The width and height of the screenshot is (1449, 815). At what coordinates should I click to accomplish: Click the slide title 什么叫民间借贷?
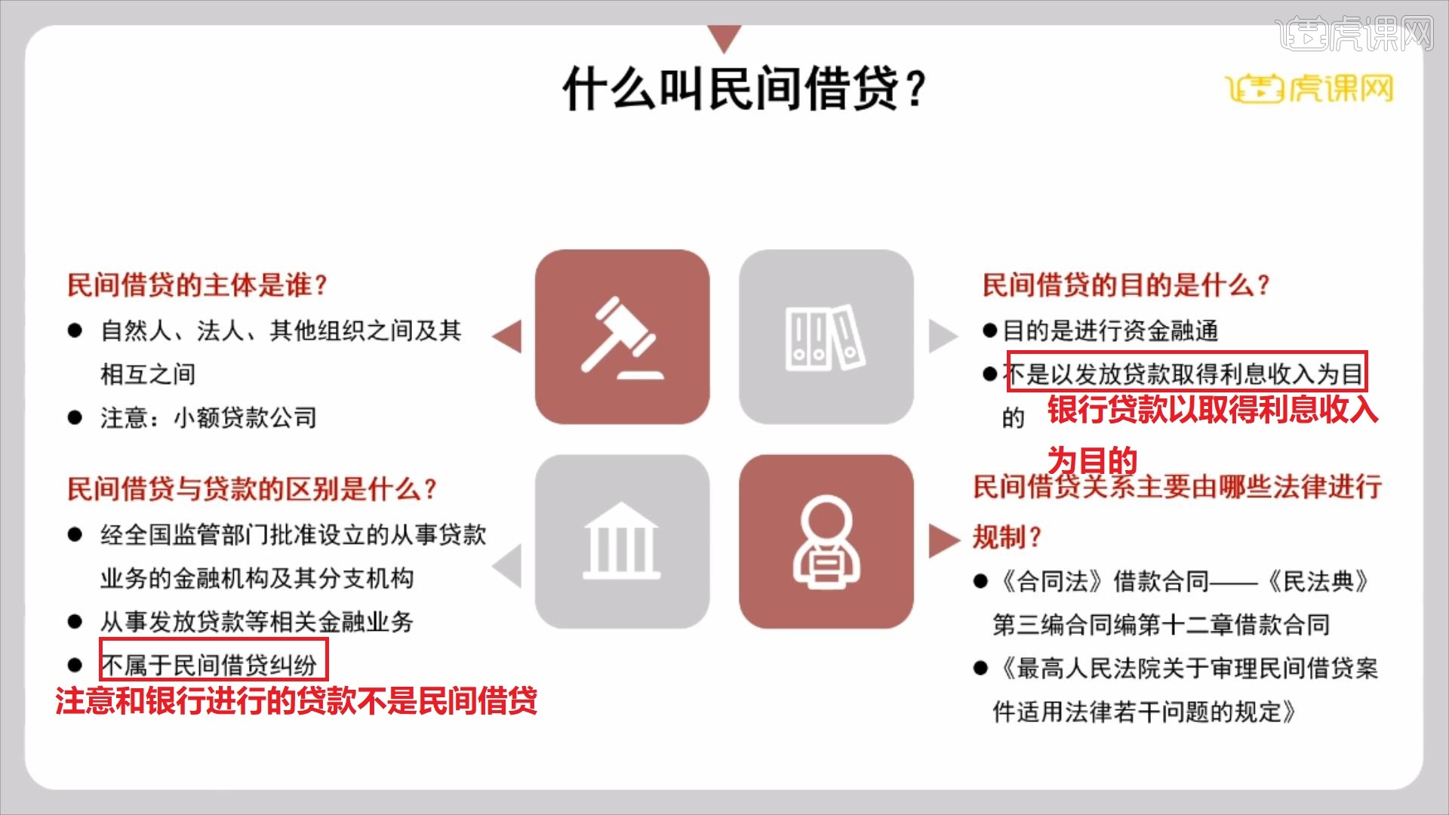tap(743, 88)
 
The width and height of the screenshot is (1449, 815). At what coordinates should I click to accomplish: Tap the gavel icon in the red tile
tap(622, 337)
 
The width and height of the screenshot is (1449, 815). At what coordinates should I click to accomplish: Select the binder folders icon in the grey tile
tap(826, 337)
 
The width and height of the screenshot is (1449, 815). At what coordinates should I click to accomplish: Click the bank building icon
tap(622, 541)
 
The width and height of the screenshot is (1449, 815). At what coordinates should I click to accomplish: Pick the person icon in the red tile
tap(826, 541)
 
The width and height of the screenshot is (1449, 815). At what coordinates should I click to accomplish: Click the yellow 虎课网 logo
tap(1309, 89)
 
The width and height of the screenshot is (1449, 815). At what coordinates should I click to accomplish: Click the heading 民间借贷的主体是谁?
tap(197, 285)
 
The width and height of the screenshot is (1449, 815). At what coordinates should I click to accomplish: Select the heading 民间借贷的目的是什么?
tap(1125, 285)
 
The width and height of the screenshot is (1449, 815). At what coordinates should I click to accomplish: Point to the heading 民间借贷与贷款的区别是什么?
tap(252, 489)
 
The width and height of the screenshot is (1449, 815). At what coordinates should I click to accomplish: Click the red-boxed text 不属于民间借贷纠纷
tap(214, 665)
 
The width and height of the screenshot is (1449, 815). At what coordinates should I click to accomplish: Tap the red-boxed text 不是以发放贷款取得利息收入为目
tap(1186, 373)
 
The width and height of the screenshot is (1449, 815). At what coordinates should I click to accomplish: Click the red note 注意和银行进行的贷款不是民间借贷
tap(296, 701)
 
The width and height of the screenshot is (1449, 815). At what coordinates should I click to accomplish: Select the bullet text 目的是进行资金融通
tap(1110, 330)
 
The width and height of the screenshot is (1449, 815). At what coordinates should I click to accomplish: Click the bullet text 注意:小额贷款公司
tap(208, 417)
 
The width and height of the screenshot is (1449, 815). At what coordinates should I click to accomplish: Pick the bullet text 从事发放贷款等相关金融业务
tap(257, 622)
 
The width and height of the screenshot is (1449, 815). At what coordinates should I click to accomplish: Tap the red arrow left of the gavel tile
tap(507, 337)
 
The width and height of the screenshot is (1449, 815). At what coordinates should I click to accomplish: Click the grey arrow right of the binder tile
tap(942, 337)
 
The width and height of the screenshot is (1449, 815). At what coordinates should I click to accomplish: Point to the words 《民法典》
tap(1318, 581)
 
